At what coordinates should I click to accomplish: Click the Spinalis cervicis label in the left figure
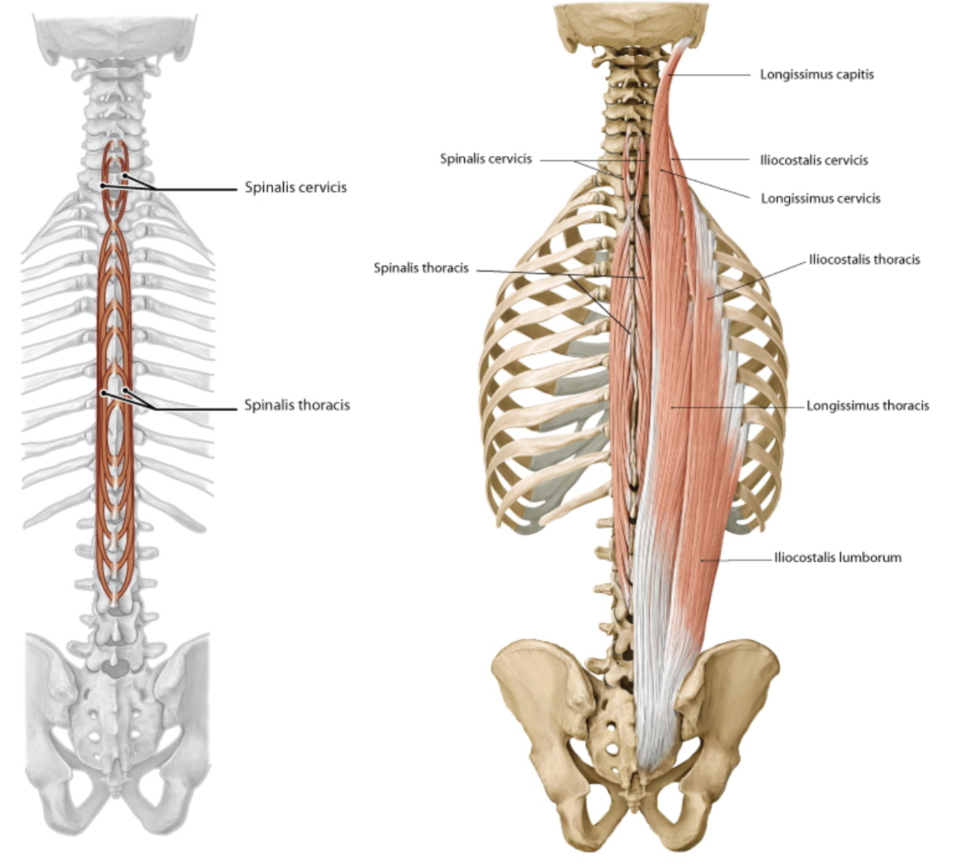click(x=295, y=187)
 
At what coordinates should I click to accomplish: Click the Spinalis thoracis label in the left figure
click(x=297, y=405)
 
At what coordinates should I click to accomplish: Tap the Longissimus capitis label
click(x=817, y=74)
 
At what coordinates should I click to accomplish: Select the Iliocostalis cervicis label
click(x=814, y=160)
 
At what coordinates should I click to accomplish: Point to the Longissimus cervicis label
click(x=820, y=199)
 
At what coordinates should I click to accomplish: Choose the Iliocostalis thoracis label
click(x=865, y=260)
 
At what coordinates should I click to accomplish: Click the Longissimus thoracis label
click(x=867, y=406)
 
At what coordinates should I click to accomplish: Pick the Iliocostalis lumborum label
click(x=837, y=558)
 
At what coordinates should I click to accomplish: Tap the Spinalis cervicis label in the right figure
click(x=486, y=159)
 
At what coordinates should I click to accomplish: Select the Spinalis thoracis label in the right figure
click(x=421, y=268)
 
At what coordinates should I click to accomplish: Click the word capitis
click(x=854, y=74)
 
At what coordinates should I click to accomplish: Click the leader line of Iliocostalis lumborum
click(x=737, y=559)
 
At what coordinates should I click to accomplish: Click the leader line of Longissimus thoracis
click(x=737, y=407)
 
